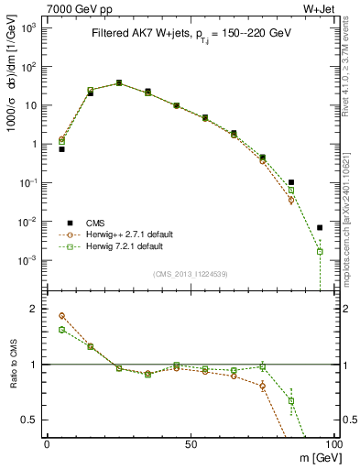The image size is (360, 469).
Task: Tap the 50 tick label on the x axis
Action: pos(191,443)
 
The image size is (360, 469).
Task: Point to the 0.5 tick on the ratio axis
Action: pos(29,420)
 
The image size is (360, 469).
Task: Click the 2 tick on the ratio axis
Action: pos(34,309)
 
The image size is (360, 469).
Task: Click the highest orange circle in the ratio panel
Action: pos(62,315)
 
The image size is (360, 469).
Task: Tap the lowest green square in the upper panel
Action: pos(320,251)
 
